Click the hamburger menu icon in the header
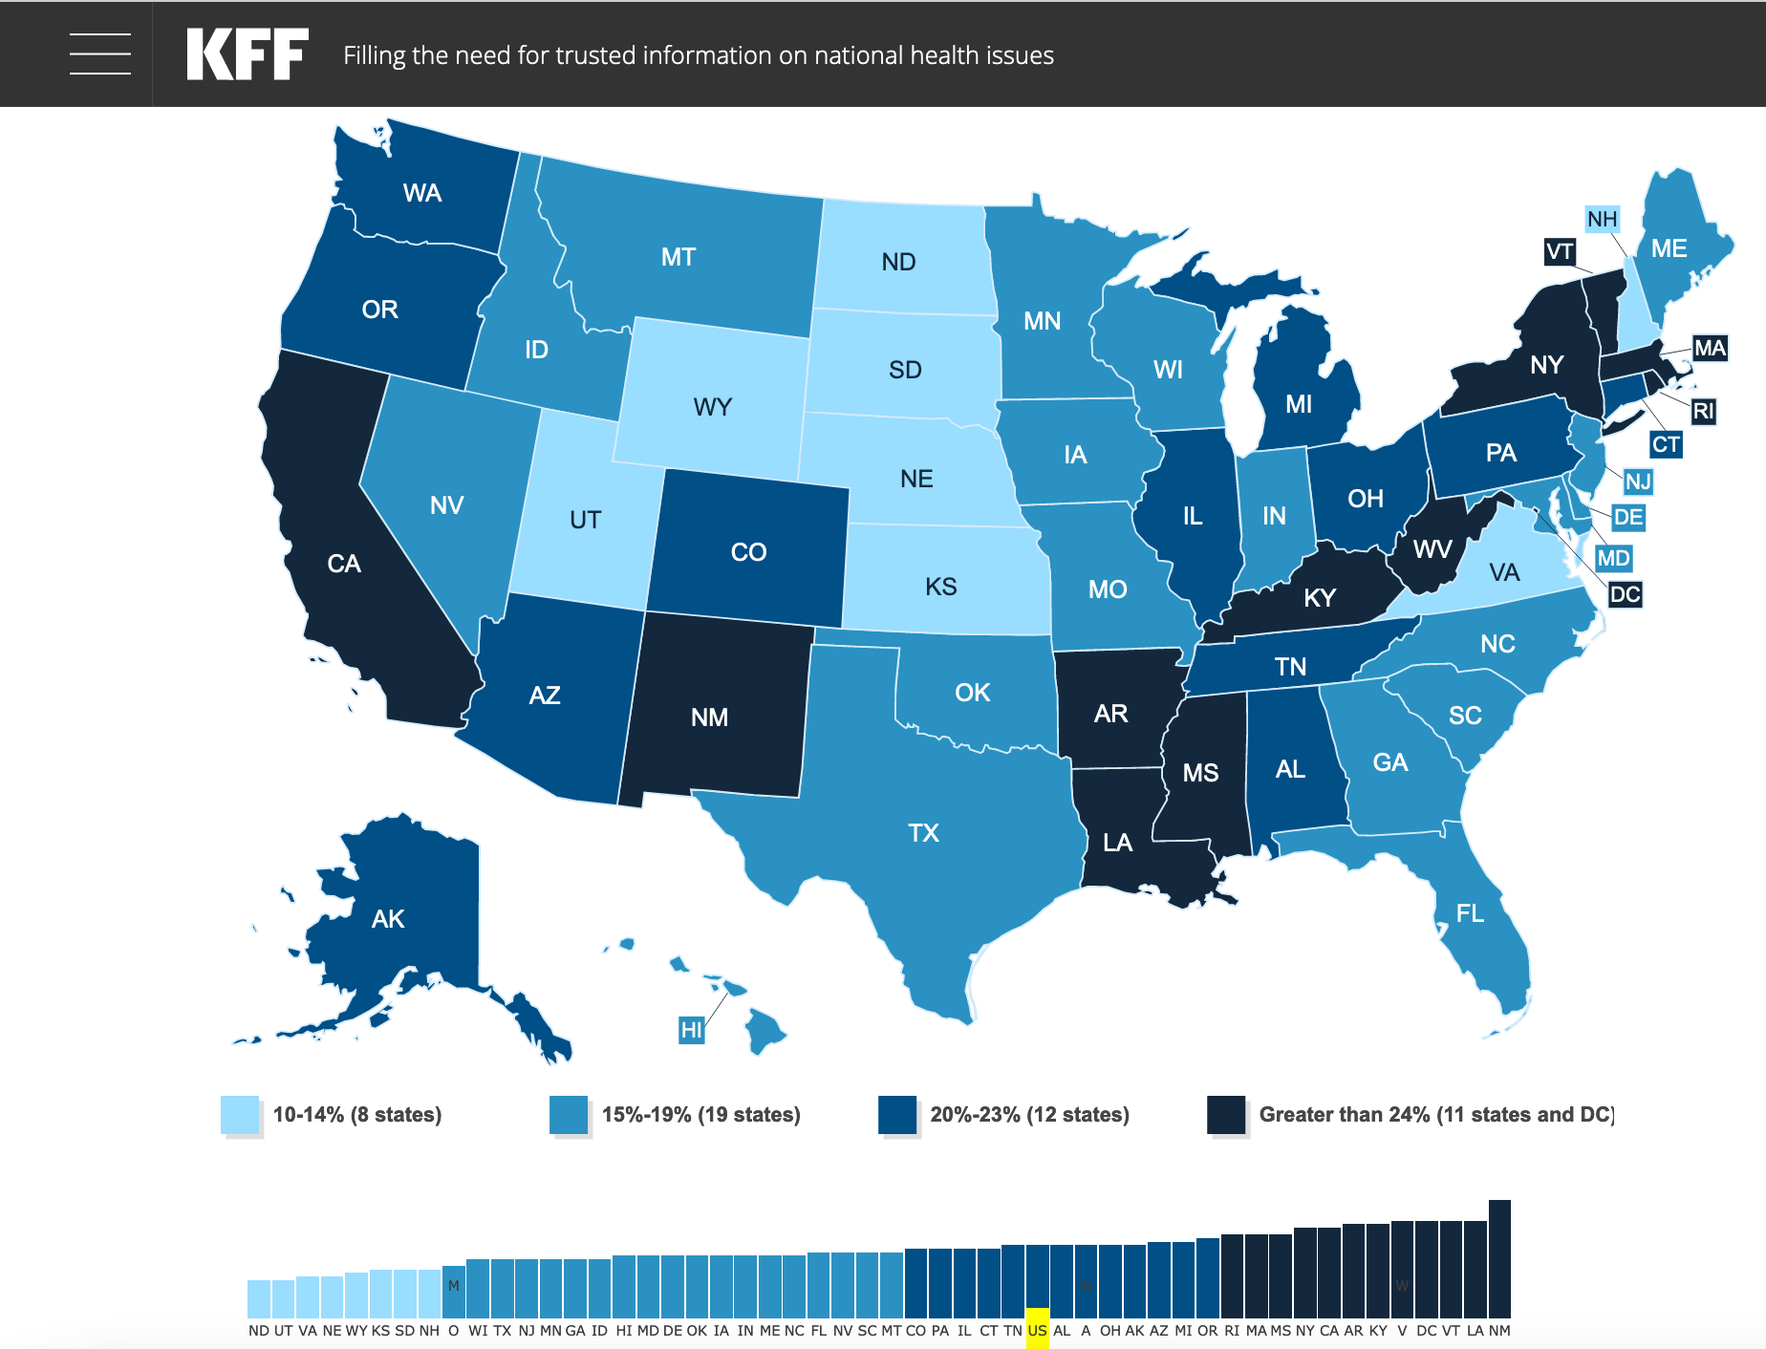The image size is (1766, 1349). click(x=100, y=54)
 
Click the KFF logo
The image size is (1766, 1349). click(x=248, y=54)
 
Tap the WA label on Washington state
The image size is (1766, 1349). click(x=422, y=193)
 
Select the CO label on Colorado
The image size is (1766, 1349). click(x=748, y=552)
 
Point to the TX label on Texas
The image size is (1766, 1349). click(x=923, y=833)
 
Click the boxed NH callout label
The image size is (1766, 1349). click(x=1602, y=220)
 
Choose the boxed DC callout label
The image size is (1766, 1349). click(x=1625, y=594)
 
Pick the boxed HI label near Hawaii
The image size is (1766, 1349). click(x=691, y=1030)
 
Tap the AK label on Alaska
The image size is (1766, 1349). click(x=388, y=919)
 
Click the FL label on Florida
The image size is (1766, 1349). click(x=1470, y=914)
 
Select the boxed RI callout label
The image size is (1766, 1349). click(x=1703, y=412)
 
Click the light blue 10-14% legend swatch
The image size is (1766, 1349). click(x=240, y=1115)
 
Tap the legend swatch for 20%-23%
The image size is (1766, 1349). click(x=897, y=1115)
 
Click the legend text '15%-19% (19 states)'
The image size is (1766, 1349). click(x=700, y=1115)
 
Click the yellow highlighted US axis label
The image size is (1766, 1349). click(x=1037, y=1330)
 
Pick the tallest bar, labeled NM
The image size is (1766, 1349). click(x=1499, y=1259)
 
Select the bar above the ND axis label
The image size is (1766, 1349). click(x=259, y=1299)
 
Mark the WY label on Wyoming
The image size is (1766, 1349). click(x=713, y=408)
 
